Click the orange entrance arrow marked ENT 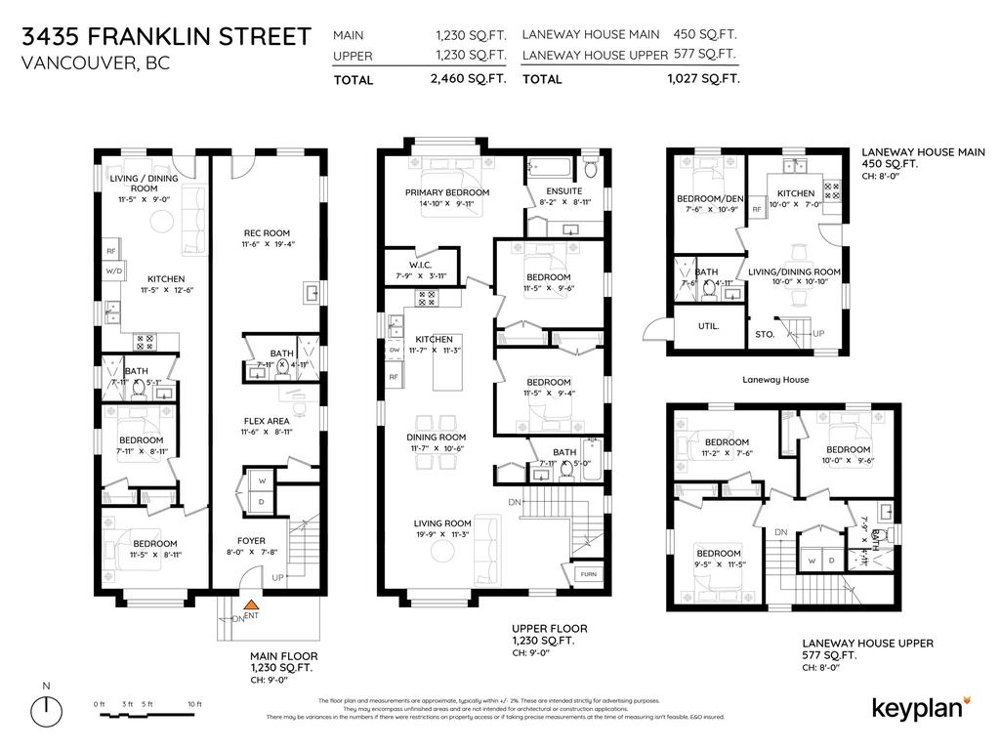point(251,605)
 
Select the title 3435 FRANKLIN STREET point(166,37)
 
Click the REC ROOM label point(267,232)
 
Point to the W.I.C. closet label point(420,265)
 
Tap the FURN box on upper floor point(589,575)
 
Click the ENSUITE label point(563,191)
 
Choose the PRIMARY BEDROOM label point(446,192)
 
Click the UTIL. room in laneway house point(709,326)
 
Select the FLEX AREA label point(267,422)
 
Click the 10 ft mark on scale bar point(193,704)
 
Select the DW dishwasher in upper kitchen point(395,349)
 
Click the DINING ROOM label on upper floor point(438,437)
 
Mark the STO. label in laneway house point(765,334)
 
